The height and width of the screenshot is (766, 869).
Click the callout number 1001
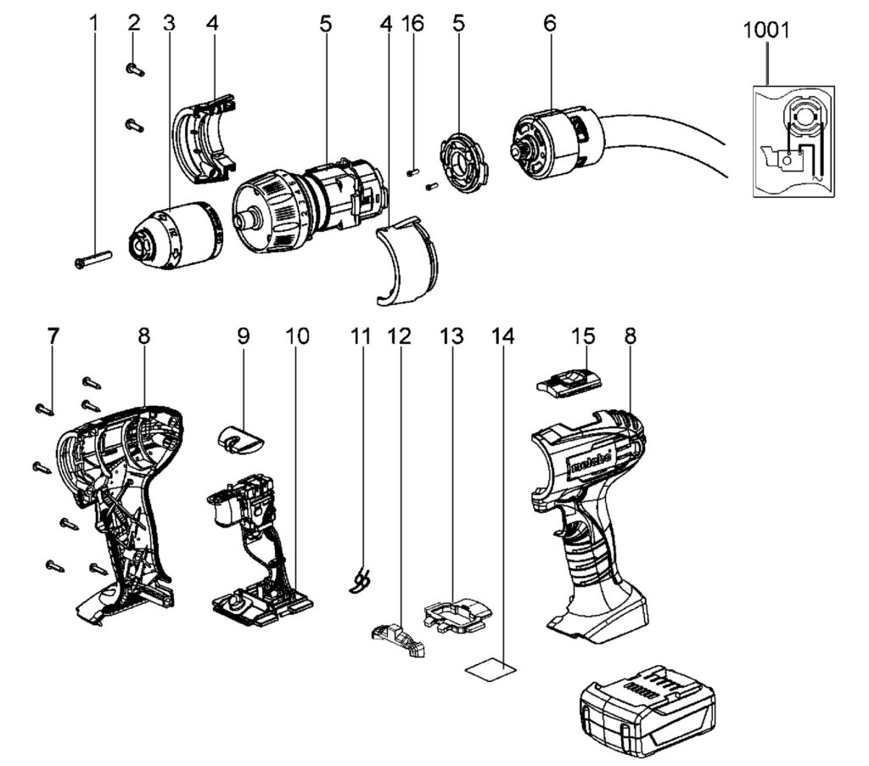766,31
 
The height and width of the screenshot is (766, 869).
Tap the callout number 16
413,24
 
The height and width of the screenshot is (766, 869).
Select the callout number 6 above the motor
550,24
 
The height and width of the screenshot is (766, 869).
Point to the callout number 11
362,336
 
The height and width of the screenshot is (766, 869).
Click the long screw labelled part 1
93,258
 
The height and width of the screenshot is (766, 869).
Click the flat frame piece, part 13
457,612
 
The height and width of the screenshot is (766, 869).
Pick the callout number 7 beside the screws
53,336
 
